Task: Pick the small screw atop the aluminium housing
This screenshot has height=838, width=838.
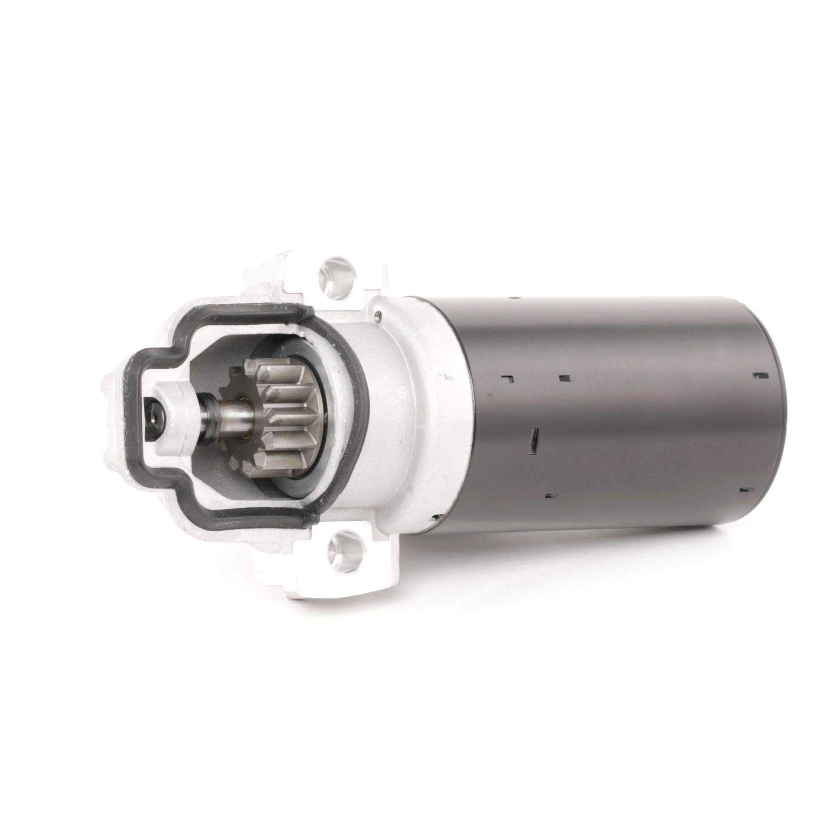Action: tap(380, 316)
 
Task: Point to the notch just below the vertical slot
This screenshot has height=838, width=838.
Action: tap(551, 495)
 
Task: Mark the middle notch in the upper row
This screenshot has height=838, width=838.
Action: tap(565, 378)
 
